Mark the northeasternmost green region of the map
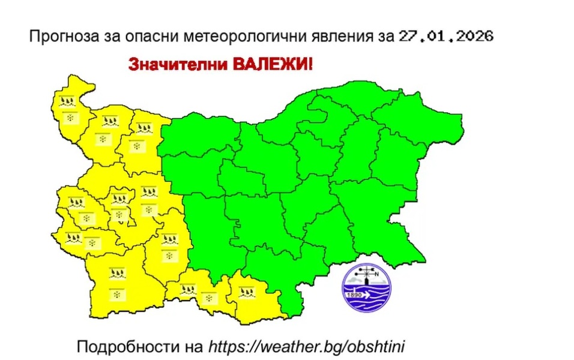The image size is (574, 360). pyautogui.click(x=420, y=120)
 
